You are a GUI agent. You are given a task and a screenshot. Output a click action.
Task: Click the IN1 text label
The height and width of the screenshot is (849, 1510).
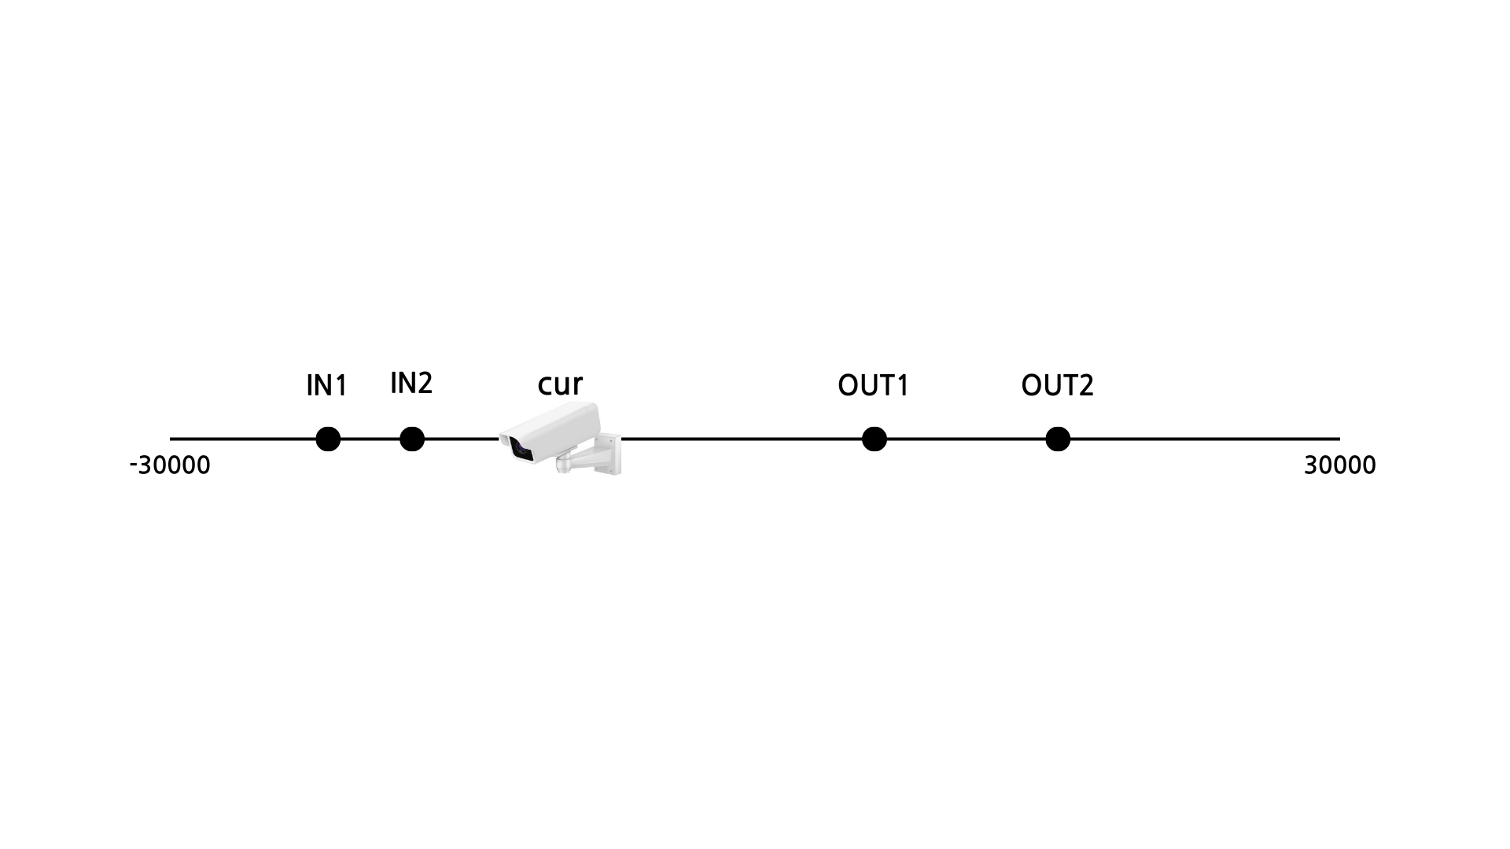tap(326, 386)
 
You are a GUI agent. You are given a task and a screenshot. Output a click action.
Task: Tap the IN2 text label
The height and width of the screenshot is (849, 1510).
tap(411, 384)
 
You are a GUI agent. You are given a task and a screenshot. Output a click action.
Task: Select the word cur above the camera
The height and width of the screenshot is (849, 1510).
tap(560, 384)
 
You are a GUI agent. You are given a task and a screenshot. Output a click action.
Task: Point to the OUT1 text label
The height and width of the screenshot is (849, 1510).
tap(873, 386)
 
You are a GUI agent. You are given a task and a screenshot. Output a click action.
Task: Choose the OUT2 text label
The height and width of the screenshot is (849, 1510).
tap(1057, 386)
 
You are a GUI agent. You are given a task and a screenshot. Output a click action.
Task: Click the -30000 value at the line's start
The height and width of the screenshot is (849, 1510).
tap(170, 465)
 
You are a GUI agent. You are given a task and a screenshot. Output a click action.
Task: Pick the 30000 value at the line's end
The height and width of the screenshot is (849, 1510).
tap(1339, 465)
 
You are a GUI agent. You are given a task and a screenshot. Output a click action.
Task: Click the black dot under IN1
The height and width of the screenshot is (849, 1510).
tap(328, 439)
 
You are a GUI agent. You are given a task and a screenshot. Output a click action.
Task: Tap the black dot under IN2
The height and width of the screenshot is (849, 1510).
tap(412, 439)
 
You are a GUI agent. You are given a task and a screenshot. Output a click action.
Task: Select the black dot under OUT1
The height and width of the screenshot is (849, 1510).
tap(874, 439)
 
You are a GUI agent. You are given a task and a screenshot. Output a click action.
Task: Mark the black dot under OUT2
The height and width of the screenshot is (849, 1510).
tap(1058, 439)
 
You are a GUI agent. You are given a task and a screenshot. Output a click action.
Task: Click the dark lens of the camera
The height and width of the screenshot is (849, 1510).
tap(520, 449)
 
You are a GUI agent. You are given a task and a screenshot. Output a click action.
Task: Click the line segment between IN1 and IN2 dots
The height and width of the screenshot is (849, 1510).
tap(370, 439)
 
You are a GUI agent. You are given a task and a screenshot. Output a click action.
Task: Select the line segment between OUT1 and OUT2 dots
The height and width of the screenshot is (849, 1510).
tap(966, 439)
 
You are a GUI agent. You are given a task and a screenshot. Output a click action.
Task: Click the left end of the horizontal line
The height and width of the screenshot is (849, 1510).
tap(172, 439)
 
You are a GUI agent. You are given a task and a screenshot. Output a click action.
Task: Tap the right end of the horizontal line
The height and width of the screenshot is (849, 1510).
tap(1337, 439)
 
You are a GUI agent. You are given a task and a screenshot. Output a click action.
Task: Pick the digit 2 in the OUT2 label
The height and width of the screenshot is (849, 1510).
tap(1085, 386)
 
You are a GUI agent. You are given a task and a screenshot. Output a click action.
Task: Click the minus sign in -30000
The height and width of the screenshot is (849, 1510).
tap(134, 466)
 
